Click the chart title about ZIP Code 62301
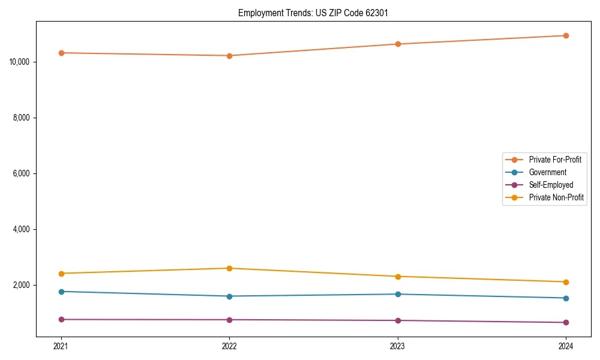tap(313, 13)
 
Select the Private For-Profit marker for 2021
tap(61, 53)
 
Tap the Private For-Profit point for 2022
tap(229, 56)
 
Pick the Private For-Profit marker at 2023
tap(398, 44)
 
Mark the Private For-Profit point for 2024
tap(566, 35)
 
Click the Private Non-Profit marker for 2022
tap(229, 268)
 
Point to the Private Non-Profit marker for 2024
tap(566, 282)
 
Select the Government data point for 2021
tap(61, 292)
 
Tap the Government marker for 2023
tap(398, 294)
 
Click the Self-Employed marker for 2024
tap(566, 323)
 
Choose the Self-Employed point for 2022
tap(229, 320)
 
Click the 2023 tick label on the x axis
tap(398, 346)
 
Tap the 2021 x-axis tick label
tap(61, 346)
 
